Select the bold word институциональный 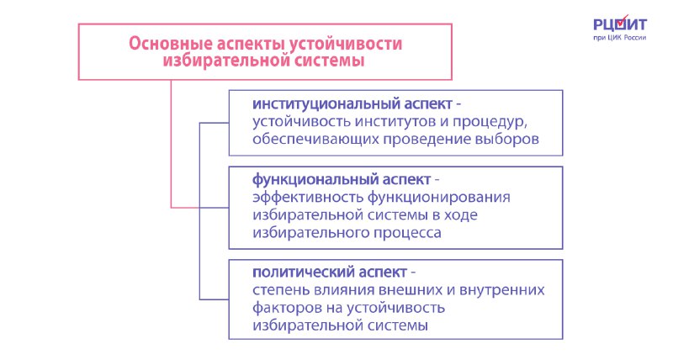326,103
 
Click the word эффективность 308,198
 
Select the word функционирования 438,198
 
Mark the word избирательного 310,232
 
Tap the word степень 281,291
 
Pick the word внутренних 501,290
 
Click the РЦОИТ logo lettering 620,24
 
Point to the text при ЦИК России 620,38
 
